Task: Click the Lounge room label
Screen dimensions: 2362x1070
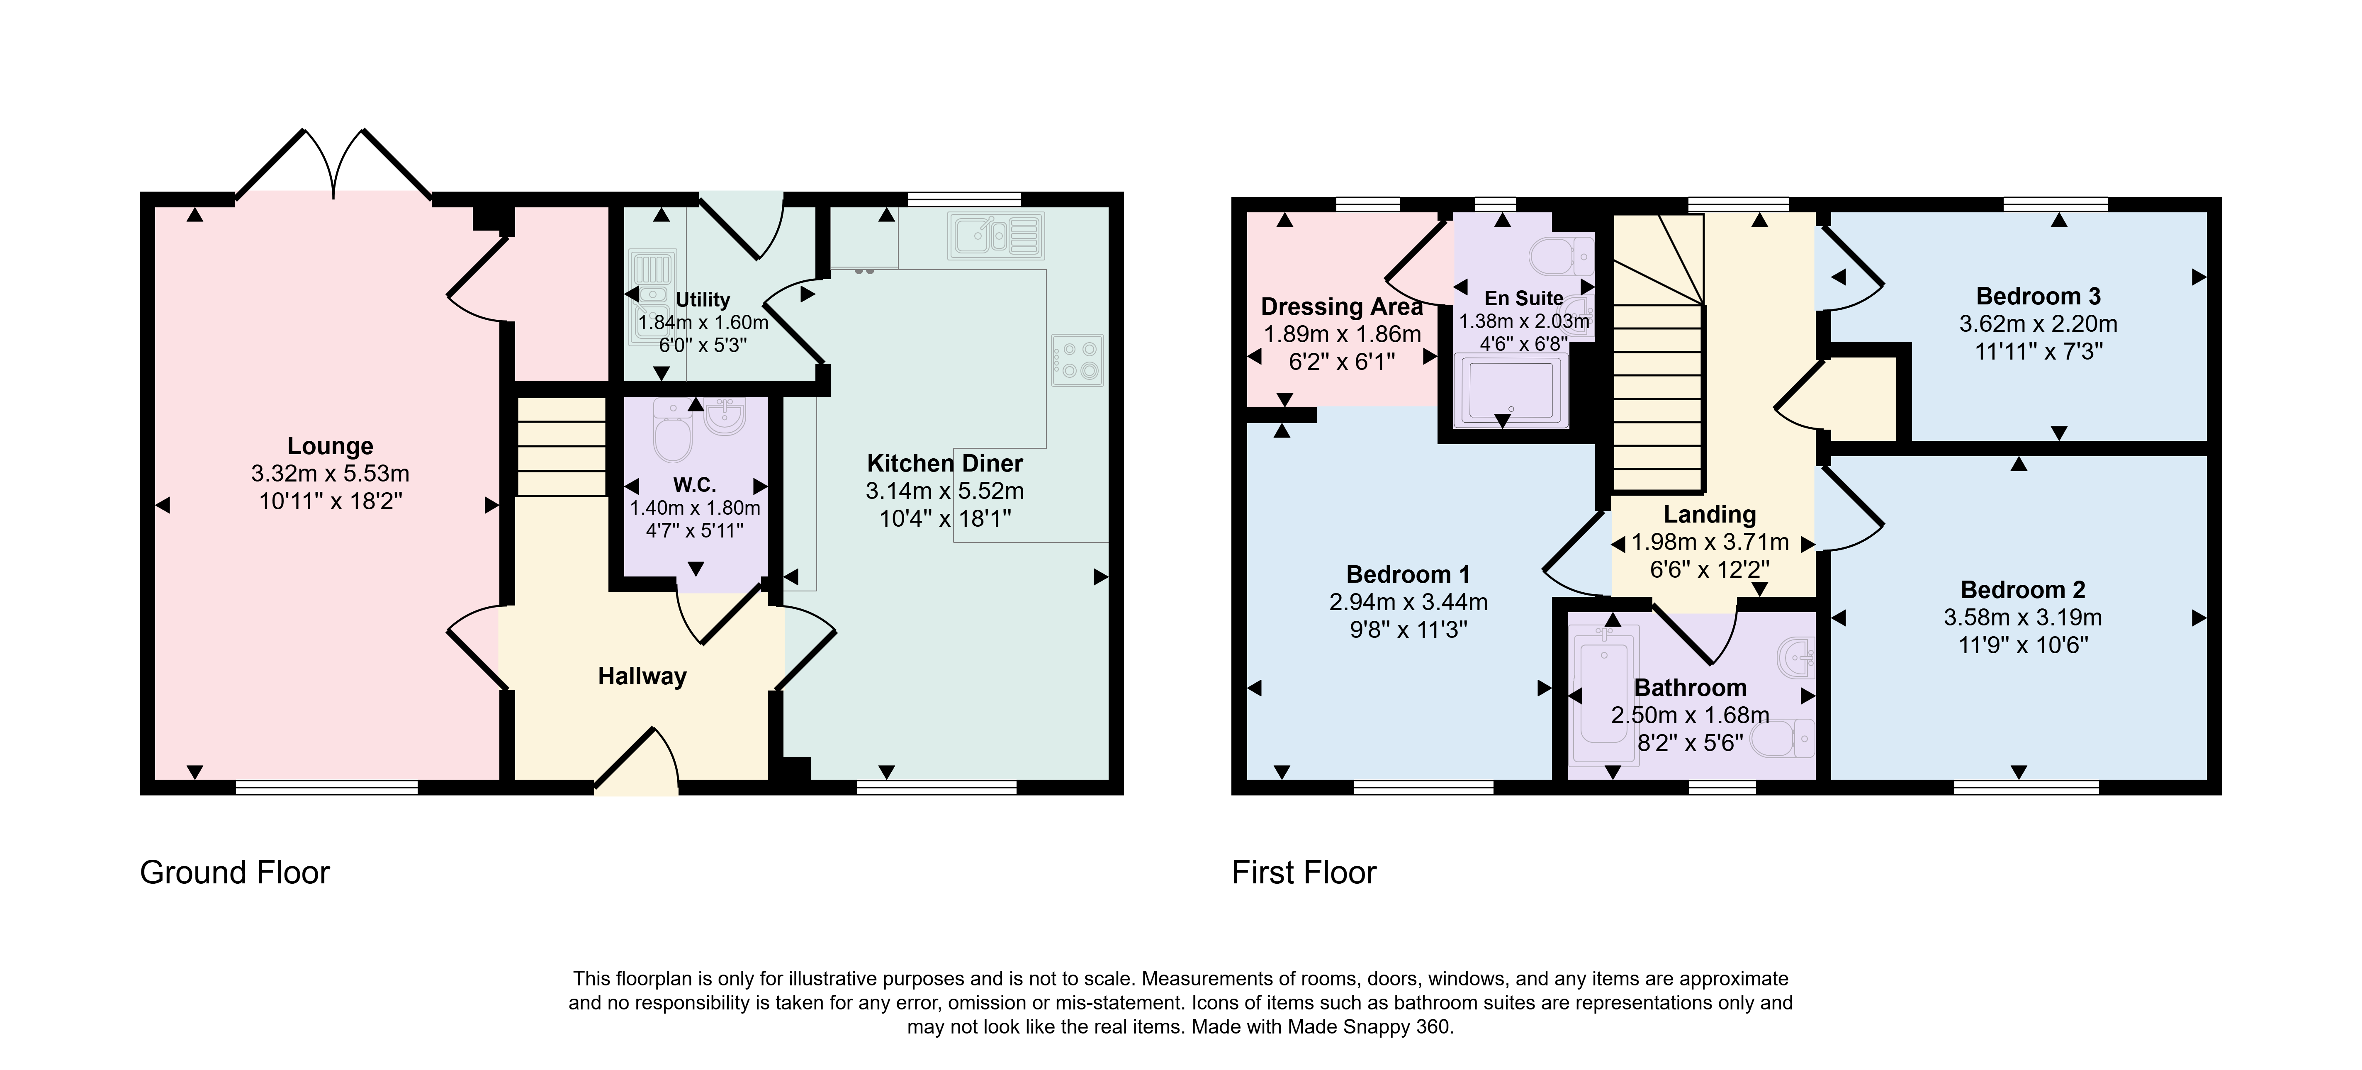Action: [x=330, y=447]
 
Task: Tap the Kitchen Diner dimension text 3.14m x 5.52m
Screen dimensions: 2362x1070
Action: [x=944, y=491]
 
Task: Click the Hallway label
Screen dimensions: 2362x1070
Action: [x=642, y=677]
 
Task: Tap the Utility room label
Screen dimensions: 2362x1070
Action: [x=702, y=300]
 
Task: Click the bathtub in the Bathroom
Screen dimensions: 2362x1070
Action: [x=1605, y=695]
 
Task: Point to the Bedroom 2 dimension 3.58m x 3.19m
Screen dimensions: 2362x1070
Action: [x=2023, y=617]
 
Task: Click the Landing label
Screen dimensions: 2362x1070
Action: [x=1710, y=514]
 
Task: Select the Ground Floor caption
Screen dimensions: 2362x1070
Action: [x=235, y=872]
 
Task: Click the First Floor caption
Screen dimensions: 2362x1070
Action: [x=1304, y=872]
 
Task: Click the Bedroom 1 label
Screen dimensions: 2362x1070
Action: [x=1408, y=575]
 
